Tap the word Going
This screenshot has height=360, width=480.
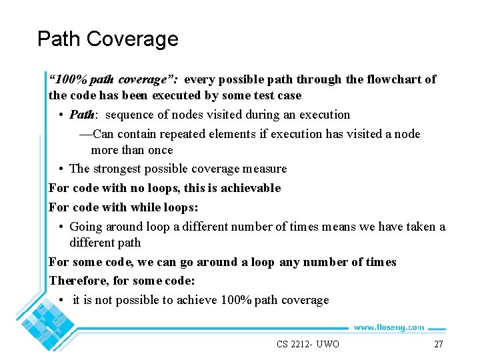click(86, 227)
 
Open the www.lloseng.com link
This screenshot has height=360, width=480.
click(389, 327)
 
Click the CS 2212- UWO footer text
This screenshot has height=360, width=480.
click(307, 344)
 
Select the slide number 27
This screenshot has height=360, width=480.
click(438, 344)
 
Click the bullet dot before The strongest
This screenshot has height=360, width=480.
click(61, 169)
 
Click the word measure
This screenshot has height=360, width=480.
click(264, 169)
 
